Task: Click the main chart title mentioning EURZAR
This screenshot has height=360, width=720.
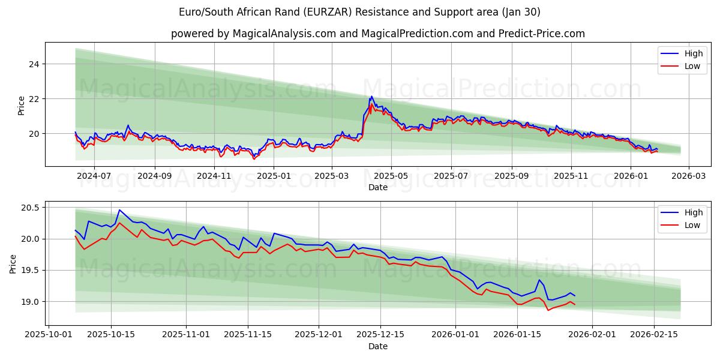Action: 359,12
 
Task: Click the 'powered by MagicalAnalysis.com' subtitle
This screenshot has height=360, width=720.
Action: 377,34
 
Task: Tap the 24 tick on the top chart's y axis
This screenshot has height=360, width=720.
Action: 33,64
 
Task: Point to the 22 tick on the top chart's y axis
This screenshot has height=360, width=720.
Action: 33,98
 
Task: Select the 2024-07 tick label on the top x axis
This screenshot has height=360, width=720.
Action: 94,176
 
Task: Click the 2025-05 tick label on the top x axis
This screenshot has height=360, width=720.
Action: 391,176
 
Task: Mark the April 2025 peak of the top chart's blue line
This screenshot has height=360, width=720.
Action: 371,96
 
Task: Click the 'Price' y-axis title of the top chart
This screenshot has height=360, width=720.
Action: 21,106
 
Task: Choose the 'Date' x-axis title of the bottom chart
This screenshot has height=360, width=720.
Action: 377,346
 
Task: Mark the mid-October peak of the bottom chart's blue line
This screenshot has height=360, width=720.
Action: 119,210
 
